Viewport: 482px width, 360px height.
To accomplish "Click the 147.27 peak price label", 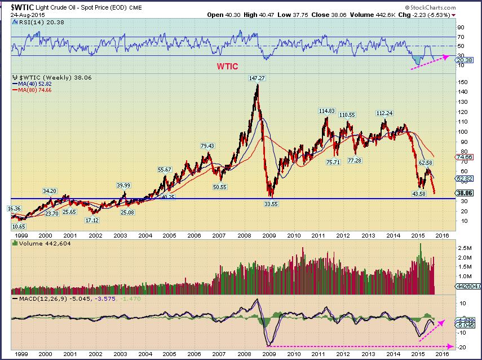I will (257, 78).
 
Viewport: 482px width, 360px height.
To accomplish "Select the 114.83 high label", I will (327, 111).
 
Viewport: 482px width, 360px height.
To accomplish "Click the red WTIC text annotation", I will (227, 66).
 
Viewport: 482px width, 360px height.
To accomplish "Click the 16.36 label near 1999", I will (14, 208).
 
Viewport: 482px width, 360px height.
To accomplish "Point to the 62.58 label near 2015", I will (426, 163).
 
